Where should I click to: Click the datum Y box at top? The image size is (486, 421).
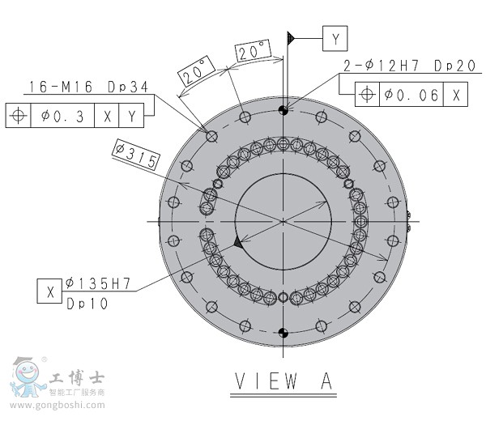click(335, 38)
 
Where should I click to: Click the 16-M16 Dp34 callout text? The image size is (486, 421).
click(89, 87)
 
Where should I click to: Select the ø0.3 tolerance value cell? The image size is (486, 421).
click(62, 115)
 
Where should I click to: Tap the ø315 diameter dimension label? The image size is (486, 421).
click(136, 155)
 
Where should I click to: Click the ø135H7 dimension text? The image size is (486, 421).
click(98, 283)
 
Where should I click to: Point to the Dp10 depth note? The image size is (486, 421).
click(87, 304)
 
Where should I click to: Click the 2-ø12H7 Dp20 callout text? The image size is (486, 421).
click(409, 66)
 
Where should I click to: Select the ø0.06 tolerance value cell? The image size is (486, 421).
click(411, 94)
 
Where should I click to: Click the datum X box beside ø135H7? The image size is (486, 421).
click(49, 291)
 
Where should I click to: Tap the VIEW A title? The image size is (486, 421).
click(283, 381)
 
